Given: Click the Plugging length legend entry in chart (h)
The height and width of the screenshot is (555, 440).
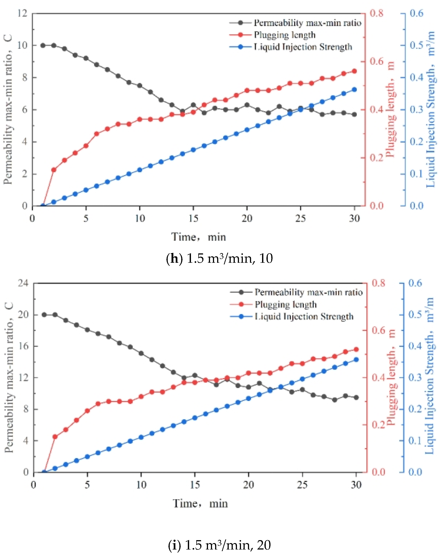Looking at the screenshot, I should coord(284,35).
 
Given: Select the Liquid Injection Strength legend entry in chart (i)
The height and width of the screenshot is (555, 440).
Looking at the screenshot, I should coord(304,316).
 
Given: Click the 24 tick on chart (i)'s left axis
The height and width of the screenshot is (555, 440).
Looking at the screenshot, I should coord(23,283).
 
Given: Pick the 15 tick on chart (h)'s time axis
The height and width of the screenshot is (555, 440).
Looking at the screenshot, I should coord(193,219).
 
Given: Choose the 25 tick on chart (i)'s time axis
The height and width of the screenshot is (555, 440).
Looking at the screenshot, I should coord(302,485).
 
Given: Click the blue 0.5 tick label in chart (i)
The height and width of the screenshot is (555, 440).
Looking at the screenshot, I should coord(415,315).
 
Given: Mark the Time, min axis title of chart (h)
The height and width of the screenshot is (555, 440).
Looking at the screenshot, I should coord(199,237).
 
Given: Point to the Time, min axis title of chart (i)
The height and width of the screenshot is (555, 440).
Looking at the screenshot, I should coord(200,503).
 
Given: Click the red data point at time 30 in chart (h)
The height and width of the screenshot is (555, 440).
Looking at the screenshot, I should coord(354,71).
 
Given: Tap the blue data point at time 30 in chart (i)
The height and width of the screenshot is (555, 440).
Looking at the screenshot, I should coord(356,360).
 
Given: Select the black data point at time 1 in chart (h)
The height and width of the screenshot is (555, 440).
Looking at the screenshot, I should coord(43,45).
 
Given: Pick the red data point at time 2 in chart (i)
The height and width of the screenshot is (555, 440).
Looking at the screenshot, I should coord(55,437).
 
